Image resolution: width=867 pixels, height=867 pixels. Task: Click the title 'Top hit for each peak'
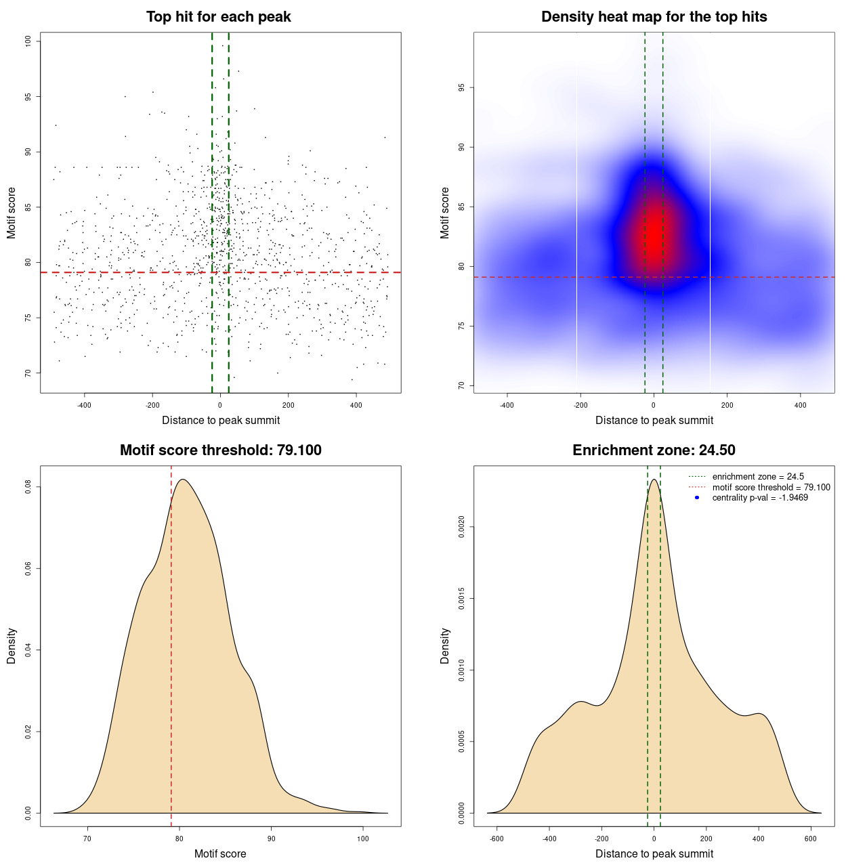click(219, 17)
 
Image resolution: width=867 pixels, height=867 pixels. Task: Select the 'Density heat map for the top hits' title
click(654, 17)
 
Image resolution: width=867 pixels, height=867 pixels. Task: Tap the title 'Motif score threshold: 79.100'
click(220, 450)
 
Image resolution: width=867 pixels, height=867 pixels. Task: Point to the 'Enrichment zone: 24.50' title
click(654, 450)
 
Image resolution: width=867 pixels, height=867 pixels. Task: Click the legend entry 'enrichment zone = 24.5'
click(758, 477)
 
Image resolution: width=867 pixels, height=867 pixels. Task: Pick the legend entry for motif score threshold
click(771, 487)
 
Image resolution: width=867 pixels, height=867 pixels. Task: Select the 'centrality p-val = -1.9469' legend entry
click(760, 498)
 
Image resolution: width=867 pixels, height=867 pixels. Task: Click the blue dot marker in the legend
click(697, 498)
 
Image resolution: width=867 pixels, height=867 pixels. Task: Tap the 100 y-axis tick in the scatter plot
click(28, 41)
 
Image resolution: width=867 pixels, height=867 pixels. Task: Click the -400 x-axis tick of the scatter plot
click(85, 406)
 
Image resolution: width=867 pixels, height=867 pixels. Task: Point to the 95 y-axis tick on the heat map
click(462, 88)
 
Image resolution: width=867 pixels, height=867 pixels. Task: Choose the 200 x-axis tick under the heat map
click(727, 406)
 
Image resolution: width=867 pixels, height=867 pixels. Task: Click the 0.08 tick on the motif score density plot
click(28, 487)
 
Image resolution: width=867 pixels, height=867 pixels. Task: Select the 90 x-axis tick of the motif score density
click(271, 839)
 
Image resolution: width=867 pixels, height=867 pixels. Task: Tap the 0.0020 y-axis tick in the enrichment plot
click(462, 527)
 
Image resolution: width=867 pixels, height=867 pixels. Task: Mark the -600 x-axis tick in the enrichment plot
click(497, 839)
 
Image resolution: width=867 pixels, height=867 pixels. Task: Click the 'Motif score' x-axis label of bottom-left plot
click(220, 854)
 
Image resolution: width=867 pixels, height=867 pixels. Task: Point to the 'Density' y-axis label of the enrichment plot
click(445, 646)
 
